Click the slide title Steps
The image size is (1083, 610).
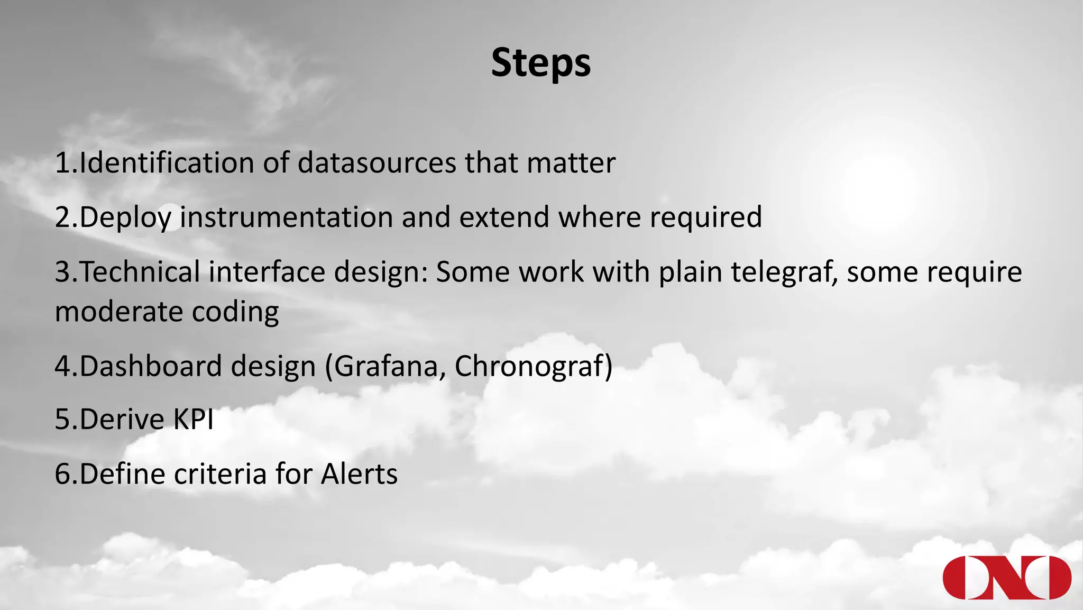[x=540, y=63]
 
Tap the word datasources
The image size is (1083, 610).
[x=377, y=162]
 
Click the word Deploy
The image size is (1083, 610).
[x=125, y=218]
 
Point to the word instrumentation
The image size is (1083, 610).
[x=286, y=217]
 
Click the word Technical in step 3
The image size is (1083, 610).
[x=140, y=272]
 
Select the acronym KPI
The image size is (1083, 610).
[x=194, y=420]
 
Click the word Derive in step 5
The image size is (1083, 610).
[x=122, y=420]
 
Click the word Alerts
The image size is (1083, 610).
[x=359, y=474]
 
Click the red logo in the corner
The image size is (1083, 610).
[x=1007, y=577]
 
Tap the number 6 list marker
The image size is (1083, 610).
[x=62, y=474]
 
